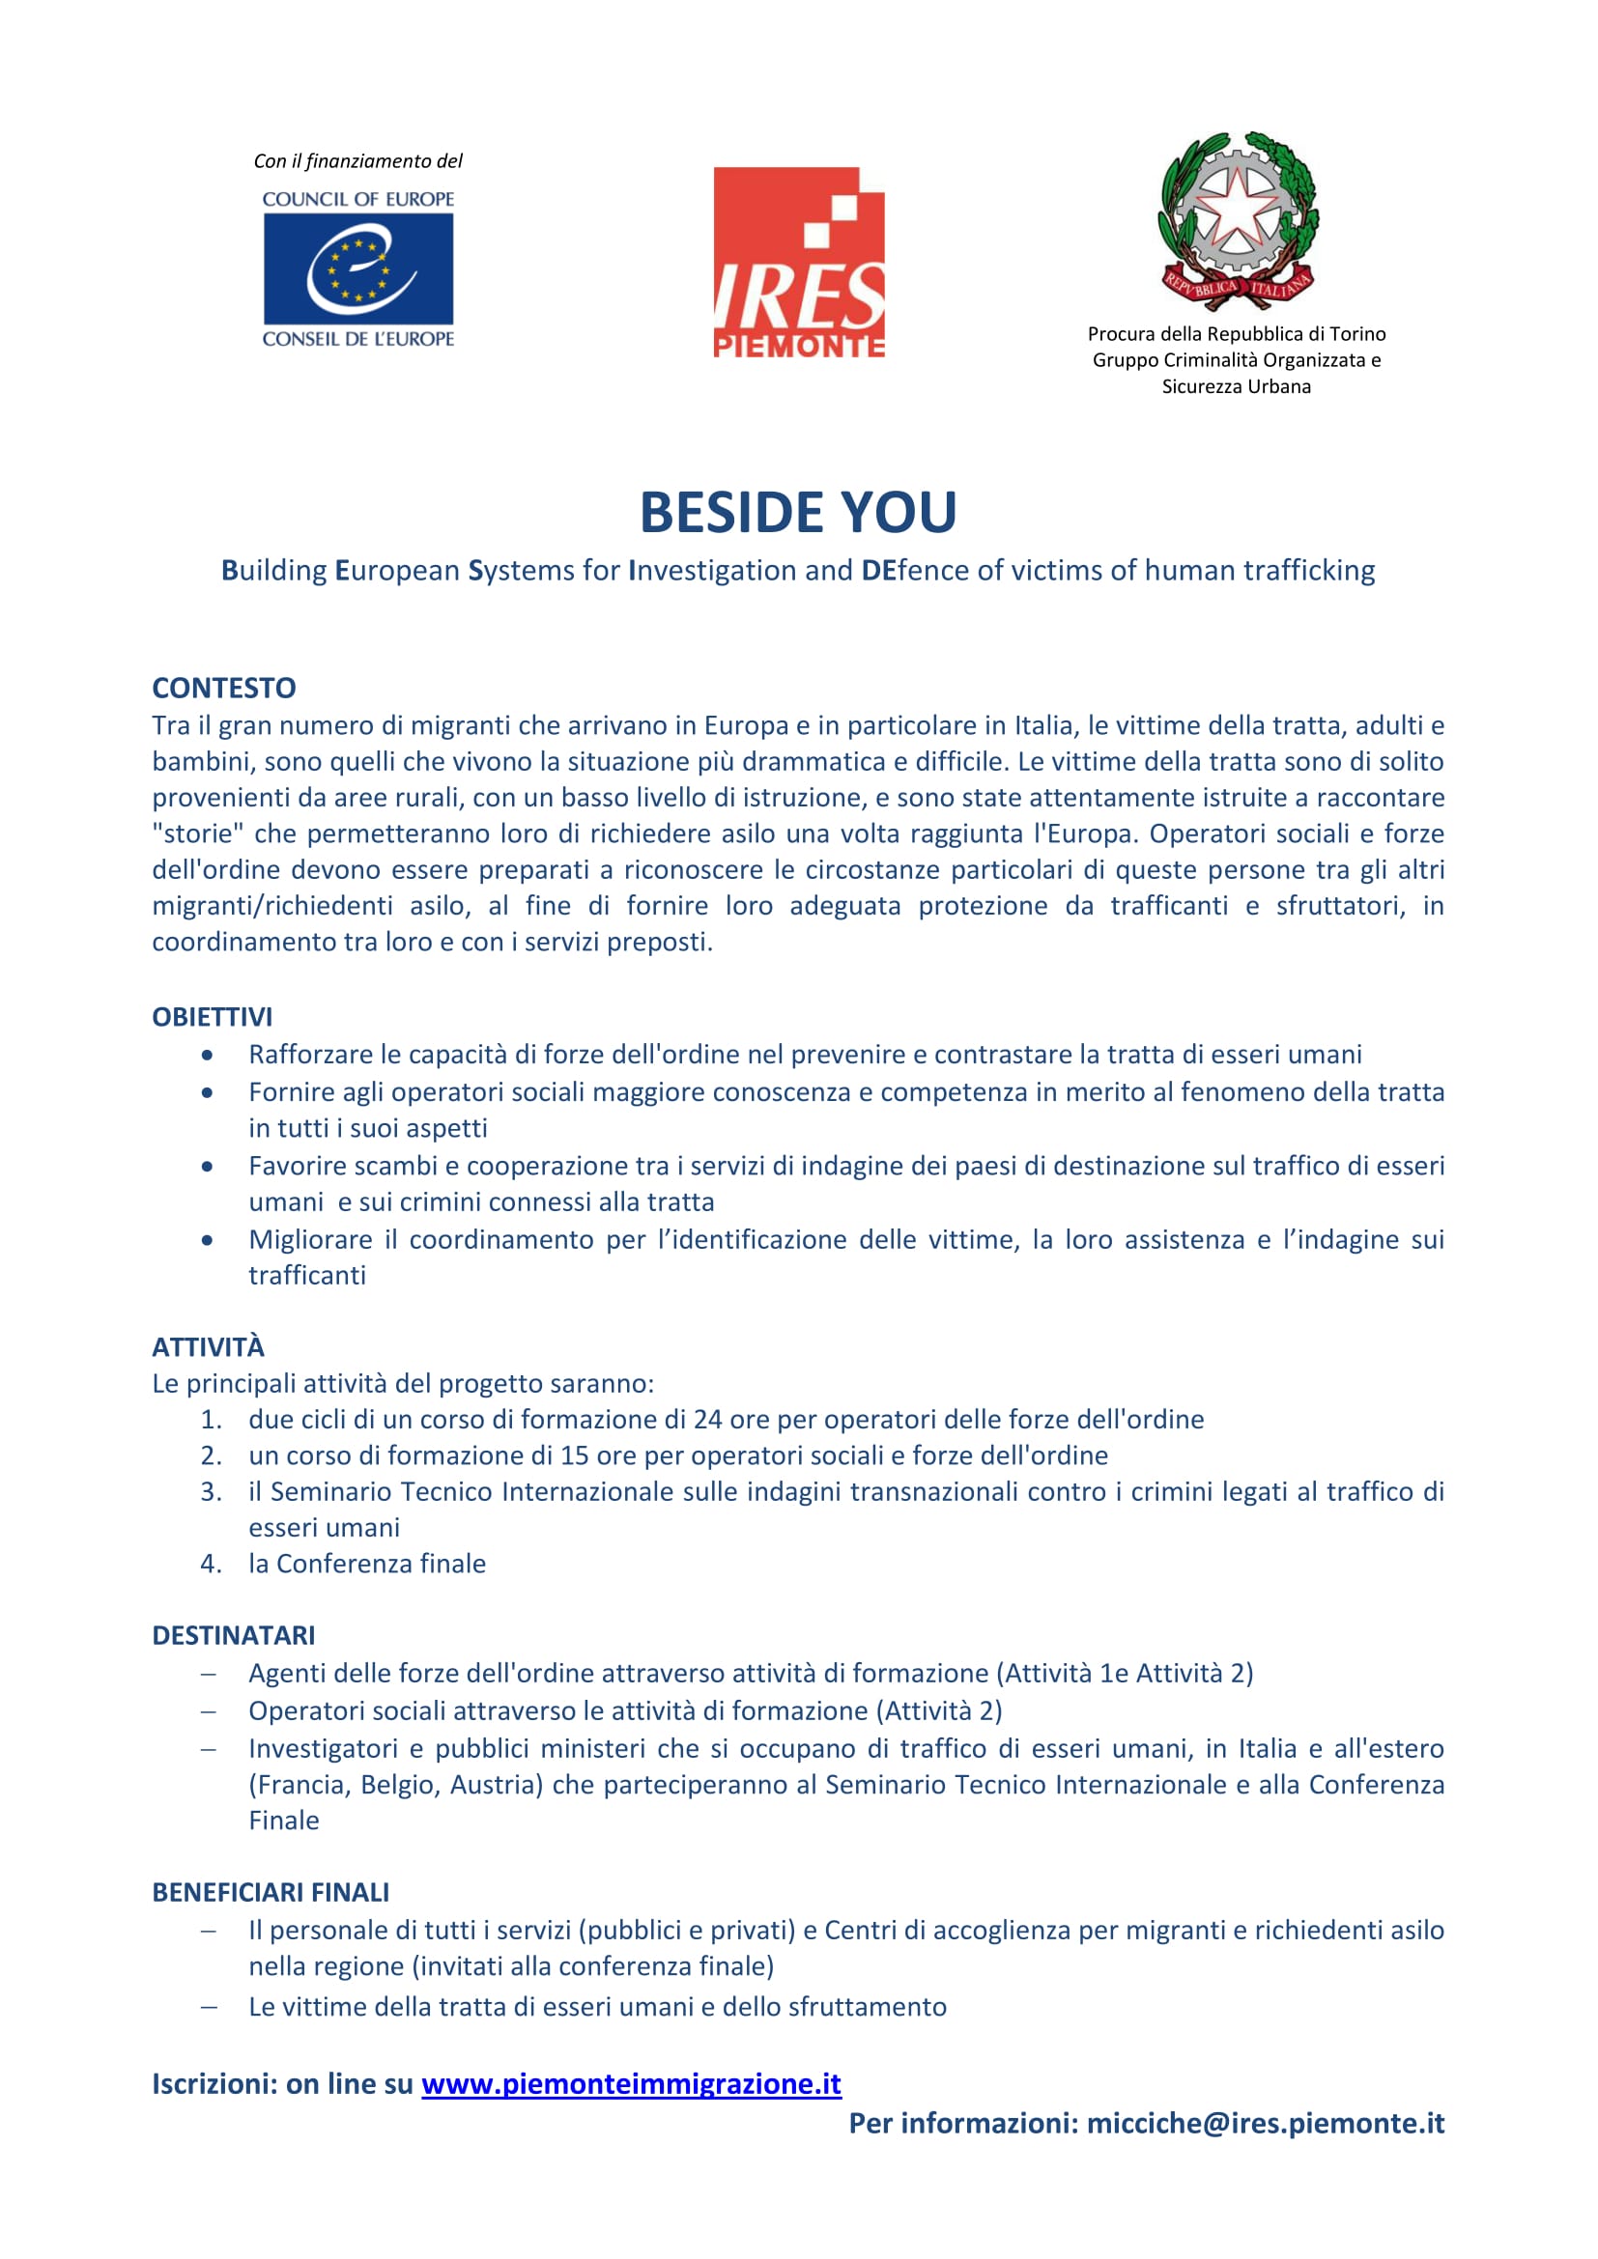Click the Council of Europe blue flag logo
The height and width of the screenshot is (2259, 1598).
358,268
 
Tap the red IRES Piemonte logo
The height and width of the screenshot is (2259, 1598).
798,262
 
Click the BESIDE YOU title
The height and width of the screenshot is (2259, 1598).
798,512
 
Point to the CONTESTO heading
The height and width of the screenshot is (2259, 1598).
223,688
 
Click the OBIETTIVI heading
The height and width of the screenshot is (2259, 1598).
212,1016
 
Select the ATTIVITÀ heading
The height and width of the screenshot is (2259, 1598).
208,1346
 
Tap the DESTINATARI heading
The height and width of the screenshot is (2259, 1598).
233,1635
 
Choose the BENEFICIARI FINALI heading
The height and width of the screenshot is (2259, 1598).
271,1892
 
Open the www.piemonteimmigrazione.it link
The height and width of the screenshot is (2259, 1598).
631,2084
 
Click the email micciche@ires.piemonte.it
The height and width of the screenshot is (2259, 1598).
1265,2123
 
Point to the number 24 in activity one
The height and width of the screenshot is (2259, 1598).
706,1419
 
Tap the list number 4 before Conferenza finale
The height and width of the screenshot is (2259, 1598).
210,1564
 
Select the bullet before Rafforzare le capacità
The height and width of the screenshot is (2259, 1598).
207,1055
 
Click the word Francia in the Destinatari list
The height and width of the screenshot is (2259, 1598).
300,1784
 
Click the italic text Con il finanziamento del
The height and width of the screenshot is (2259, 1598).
358,160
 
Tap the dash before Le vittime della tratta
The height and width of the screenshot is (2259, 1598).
208,2006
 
